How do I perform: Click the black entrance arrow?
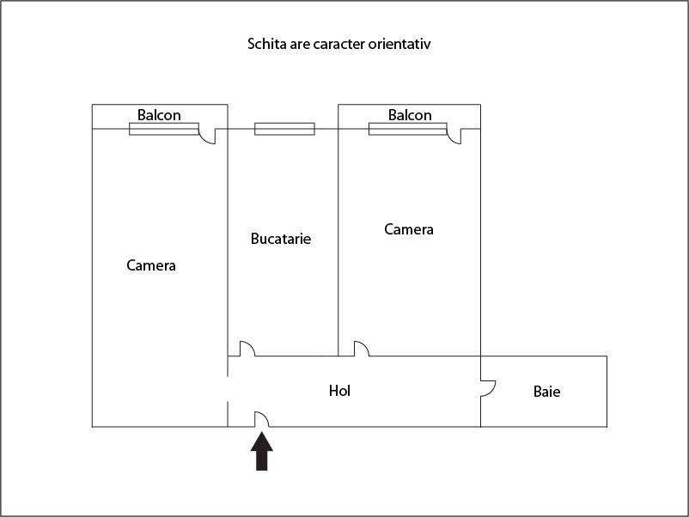(262, 452)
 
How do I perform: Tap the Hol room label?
(339, 391)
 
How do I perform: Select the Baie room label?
(546, 392)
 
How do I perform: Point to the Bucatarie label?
(281, 239)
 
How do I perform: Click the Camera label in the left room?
(151, 265)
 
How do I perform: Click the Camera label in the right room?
(409, 229)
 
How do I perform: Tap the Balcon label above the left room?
(159, 115)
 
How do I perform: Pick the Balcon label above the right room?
(410, 115)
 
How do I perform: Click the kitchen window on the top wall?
(284, 129)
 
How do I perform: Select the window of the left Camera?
(164, 129)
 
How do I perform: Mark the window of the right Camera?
(408, 129)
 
